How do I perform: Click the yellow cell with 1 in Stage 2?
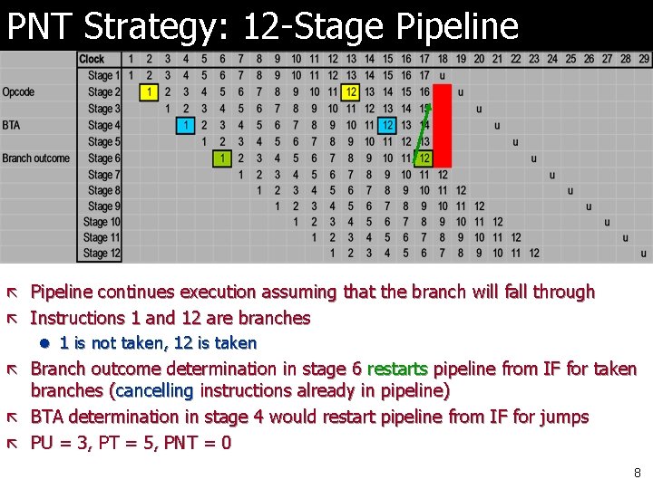pos(150,92)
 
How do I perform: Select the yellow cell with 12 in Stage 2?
pos(351,92)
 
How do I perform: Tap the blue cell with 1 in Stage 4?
pos(186,126)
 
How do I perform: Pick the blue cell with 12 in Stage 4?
pos(388,126)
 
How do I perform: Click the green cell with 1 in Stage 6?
pos(223,158)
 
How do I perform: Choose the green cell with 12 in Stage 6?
pos(424,158)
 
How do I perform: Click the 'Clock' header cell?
pos(93,59)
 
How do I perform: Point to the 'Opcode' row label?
pos(18,92)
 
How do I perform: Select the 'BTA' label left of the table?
pos(11,126)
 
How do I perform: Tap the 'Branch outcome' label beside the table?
pos(35,158)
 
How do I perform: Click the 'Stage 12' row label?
pos(102,254)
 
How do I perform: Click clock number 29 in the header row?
pos(644,59)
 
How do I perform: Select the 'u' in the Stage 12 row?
pos(644,254)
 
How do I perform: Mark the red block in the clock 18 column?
pos(443,125)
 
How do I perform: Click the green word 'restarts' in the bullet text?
pos(398,369)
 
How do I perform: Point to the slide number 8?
pos(638,472)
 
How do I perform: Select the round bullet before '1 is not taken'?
pos(43,343)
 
